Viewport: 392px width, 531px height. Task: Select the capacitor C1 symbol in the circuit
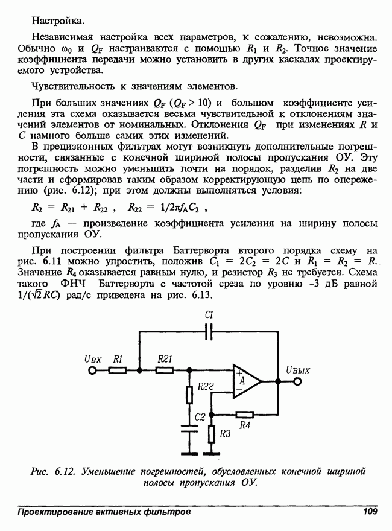(209, 331)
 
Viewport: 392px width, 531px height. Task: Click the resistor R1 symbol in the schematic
(118, 370)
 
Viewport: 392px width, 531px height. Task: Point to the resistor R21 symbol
(165, 370)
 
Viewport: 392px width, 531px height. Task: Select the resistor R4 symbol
(244, 414)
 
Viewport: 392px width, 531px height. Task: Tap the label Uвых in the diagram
(298, 370)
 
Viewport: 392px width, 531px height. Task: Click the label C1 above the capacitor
(210, 315)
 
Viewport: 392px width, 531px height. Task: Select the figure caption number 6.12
(63, 470)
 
